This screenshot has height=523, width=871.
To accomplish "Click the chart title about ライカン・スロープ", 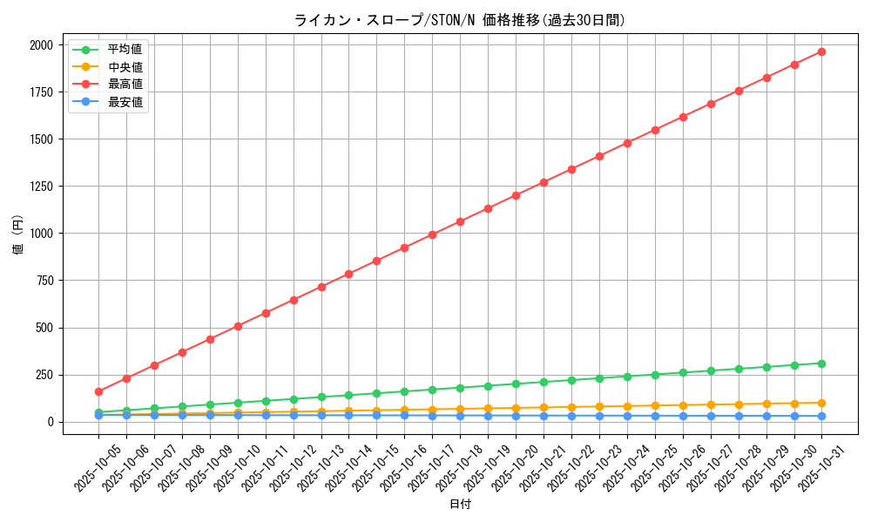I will point(460,20).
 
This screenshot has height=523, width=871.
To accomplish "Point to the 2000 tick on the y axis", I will point(41,45).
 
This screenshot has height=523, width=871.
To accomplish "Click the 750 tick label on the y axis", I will point(44,281).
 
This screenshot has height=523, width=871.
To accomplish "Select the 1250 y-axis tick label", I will point(41,187).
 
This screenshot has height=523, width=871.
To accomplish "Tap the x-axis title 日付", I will point(460,505).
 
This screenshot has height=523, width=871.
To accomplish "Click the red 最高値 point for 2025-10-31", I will point(821,51).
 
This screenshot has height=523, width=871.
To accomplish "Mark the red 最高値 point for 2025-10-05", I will point(98,391).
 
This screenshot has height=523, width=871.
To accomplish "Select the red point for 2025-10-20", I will point(516,195).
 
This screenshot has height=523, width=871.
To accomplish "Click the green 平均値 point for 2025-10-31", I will point(821,363).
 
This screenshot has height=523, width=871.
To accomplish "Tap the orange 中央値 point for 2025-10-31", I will point(821,403).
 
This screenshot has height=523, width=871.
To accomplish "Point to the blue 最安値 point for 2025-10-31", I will point(821,416).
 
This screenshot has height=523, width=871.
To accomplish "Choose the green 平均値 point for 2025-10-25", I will point(655,375).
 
